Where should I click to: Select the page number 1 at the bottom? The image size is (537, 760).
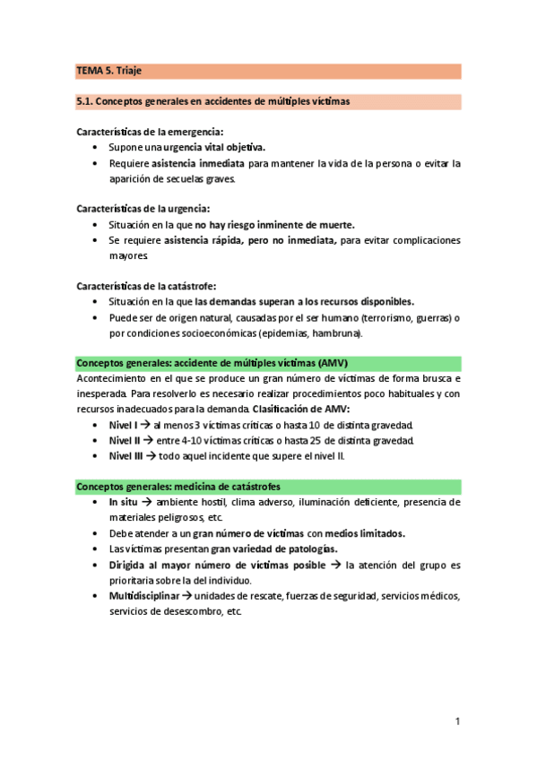[x=457, y=721]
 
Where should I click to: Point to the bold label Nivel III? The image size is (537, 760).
[x=126, y=455]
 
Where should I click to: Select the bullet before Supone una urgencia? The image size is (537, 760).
[x=95, y=147]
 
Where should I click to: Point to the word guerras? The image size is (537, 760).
[x=429, y=317]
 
